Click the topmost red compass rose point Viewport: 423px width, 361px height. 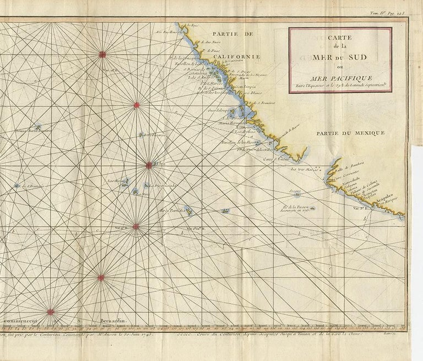(102, 54)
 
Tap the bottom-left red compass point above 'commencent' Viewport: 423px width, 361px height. (50, 312)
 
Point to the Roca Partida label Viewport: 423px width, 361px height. (171, 210)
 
